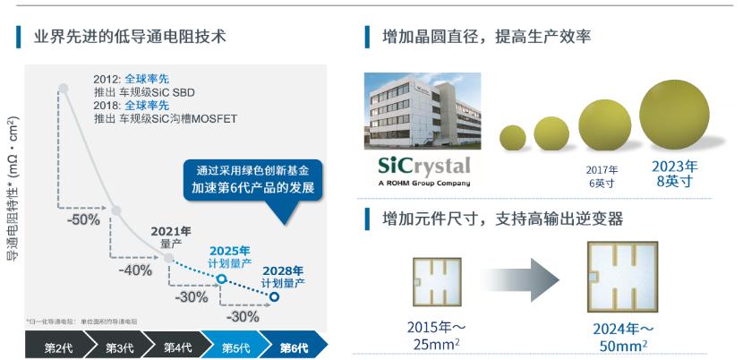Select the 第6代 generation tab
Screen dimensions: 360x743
click(x=293, y=347)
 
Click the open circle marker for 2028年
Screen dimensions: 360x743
click(x=275, y=297)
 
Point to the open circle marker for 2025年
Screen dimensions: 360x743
click(x=220, y=279)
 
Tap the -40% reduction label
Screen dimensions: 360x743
click(x=137, y=270)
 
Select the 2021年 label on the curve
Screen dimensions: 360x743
click(x=170, y=231)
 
